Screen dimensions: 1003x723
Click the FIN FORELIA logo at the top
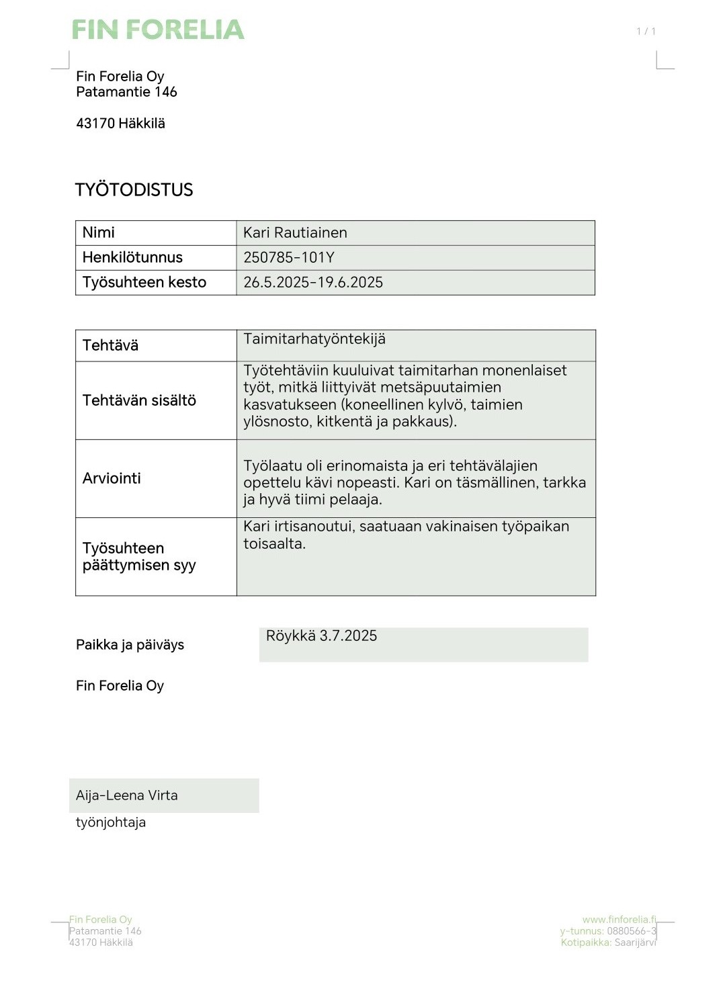158,30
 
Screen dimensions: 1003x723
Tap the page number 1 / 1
646,31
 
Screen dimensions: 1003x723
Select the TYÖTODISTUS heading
134,190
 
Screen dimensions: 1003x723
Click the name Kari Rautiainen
295,233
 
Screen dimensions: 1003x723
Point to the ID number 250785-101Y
289,258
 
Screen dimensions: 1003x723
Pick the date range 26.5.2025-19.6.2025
313,283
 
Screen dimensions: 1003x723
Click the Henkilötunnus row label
132,258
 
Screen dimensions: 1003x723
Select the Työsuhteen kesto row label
144,283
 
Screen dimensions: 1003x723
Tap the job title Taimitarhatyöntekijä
314,339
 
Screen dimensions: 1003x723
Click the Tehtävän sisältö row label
139,401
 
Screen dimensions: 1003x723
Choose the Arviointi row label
112,479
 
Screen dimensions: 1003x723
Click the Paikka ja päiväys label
130,645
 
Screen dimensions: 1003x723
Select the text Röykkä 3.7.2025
321,636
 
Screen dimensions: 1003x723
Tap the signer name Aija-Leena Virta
127,796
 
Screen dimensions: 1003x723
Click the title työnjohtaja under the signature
111,823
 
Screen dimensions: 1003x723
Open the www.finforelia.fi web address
619,920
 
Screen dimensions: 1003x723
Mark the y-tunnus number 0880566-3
632,931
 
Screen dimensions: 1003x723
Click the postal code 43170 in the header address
95,124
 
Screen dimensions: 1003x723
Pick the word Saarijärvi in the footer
635,943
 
